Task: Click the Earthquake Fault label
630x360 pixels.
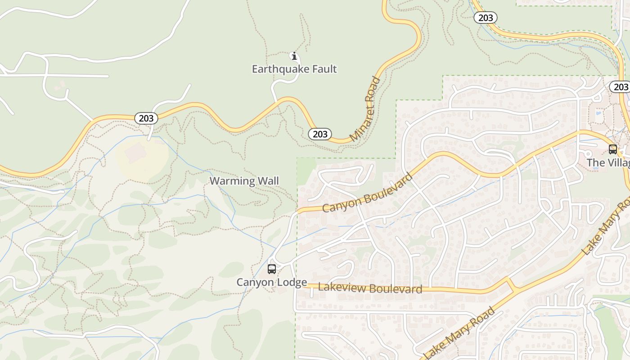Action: [294, 69]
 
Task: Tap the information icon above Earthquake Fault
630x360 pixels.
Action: [294, 56]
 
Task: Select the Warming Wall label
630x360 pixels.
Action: [244, 181]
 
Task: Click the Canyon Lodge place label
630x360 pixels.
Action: [272, 282]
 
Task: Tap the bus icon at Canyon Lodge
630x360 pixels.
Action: [272, 269]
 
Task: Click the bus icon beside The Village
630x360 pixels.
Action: [612, 149]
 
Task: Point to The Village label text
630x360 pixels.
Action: [608, 162]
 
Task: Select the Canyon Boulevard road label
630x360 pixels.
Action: [367, 194]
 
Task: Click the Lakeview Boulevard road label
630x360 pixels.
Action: [370, 288]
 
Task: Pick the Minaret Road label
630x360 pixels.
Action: [365, 109]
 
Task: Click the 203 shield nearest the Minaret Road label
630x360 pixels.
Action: [320, 134]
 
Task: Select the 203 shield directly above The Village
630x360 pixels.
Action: [621, 87]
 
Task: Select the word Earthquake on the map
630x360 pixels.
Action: [280, 69]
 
